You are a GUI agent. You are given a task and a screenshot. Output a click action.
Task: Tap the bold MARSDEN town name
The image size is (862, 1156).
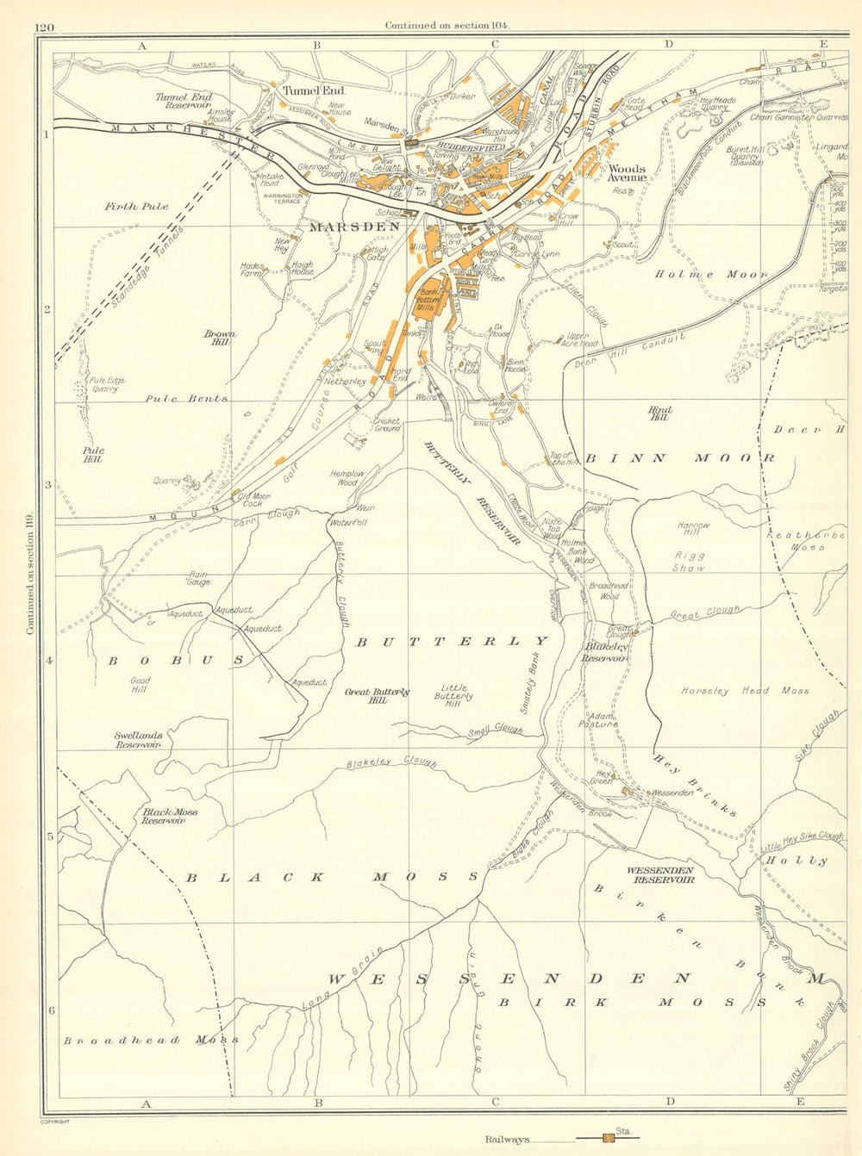[x=354, y=227]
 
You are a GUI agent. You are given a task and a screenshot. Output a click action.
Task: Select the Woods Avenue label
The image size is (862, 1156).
[x=627, y=172]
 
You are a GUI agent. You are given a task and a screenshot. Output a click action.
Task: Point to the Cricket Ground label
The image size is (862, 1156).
[x=386, y=425]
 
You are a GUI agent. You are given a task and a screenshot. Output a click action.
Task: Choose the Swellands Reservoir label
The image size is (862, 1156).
[x=138, y=740]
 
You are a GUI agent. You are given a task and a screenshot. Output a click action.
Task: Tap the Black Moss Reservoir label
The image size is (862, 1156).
[x=170, y=816]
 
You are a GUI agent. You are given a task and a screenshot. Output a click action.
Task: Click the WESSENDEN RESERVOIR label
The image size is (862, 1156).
[x=662, y=875]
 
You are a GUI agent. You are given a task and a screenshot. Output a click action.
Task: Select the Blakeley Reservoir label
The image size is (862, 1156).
[x=605, y=652]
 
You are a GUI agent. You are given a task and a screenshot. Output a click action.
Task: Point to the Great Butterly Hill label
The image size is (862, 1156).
[x=377, y=696]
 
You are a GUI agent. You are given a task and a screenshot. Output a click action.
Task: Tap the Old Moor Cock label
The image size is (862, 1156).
[x=256, y=500]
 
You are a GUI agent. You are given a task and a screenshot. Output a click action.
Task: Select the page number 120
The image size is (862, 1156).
[x=45, y=27]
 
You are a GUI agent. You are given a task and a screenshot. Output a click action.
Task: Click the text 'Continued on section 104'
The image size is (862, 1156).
[x=447, y=26]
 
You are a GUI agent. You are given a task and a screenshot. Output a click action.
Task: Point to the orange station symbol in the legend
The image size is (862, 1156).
[x=609, y=1139]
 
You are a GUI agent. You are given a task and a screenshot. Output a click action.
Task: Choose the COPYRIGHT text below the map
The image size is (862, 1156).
[x=54, y=1122]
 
